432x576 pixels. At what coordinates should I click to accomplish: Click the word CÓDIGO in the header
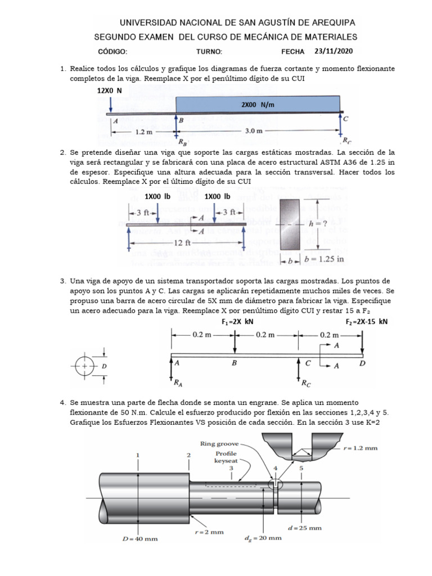(112, 52)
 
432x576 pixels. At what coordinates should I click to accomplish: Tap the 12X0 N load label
(110, 90)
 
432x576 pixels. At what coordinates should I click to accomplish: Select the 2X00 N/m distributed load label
(258, 105)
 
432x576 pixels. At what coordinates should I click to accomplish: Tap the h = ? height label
(319, 223)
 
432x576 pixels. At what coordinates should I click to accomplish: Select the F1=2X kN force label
(238, 322)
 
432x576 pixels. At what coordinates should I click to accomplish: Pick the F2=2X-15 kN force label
(367, 322)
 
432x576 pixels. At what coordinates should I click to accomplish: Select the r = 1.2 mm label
(360, 448)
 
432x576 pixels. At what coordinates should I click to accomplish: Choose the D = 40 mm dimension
(141, 538)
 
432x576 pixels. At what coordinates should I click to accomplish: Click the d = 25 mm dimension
(304, 528)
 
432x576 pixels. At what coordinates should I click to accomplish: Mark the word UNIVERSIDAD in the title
(154, 23)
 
